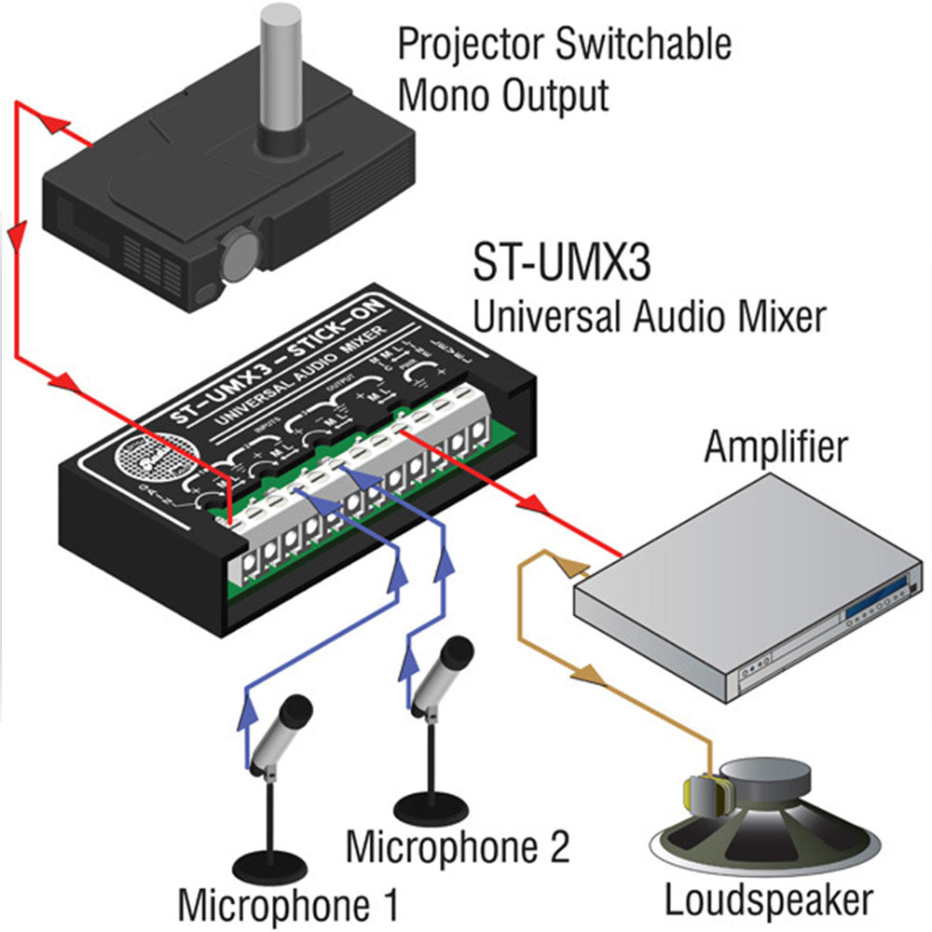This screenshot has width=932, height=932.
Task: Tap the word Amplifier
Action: (775, 446)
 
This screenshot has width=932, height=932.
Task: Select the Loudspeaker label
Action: (769, 900)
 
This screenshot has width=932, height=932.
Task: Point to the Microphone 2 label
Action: (457, 847)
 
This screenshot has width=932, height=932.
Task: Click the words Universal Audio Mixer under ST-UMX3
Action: (650, 317)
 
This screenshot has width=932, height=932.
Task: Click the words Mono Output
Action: (503, 95)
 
